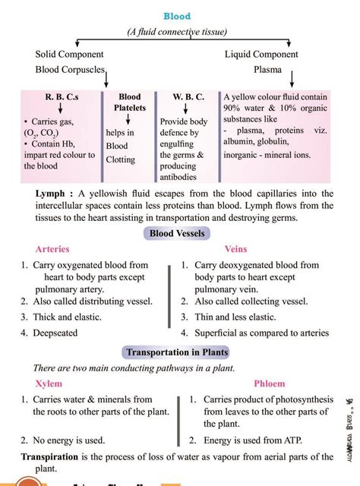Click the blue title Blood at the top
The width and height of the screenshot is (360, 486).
[x=177, y=16]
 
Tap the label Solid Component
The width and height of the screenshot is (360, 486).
[x=69, y=55]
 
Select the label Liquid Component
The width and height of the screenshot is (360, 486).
[x=261, y=55]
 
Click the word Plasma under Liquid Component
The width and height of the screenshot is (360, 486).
[x=267, y=70]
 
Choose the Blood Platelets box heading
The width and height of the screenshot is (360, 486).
[x=130, y=103]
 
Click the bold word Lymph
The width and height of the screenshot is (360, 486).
[x=49, y=194]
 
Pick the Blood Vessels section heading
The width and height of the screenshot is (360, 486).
[x=177, y=234]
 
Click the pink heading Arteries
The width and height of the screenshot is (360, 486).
[x=52, y=249]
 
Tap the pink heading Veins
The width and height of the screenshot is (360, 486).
[x=236, y=249]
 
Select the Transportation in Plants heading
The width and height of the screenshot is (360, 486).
[x=177, y=352]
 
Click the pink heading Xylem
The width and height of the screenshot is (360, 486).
[x=49, y=383]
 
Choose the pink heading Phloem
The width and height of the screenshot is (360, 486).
[x=270, y=383]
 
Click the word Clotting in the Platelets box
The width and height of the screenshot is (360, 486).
[x=121, y=159]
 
